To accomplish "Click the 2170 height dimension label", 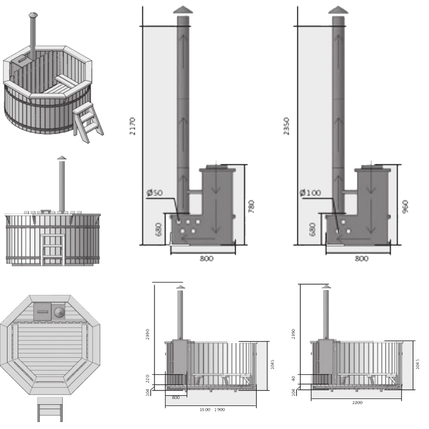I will tap(132, 126).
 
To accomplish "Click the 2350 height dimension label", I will tap(287, 126).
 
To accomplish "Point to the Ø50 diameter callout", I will tap(154, 194).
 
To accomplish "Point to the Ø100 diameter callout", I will tap(310, 193).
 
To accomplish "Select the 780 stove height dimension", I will tap(252, 206).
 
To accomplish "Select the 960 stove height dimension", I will tap(405, 206).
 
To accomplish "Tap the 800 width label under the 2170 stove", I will tap(206, 259).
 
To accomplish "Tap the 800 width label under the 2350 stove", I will tap(361, 259).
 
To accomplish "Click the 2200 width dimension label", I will tap(357, 402).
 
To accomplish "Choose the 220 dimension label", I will tap(149, 379).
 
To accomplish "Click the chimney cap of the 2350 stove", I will tap(338, 10).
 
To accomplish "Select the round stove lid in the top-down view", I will tap(58, 312).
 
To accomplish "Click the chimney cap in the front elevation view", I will tap(62, 158).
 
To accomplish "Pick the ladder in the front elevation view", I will tap(53, 249).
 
